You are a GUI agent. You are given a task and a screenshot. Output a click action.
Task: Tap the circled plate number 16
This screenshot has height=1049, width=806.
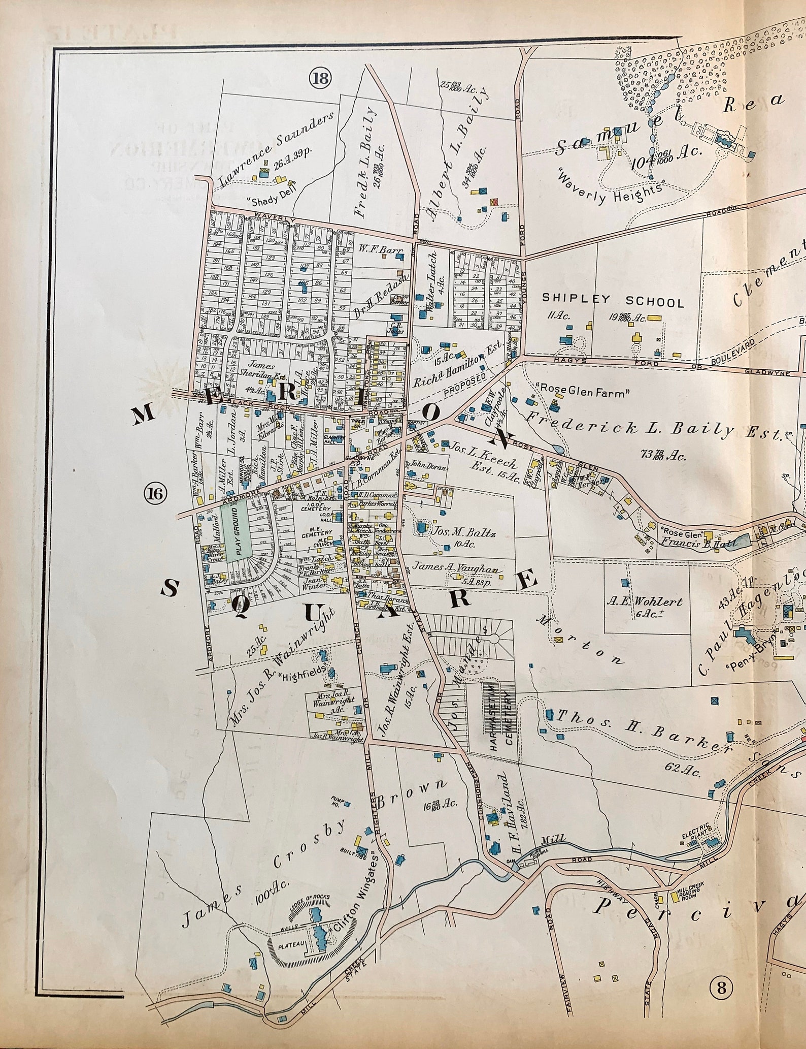(x=155, y=492)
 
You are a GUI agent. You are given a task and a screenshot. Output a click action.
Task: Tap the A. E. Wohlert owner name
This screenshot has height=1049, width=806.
(x=645, y=602)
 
